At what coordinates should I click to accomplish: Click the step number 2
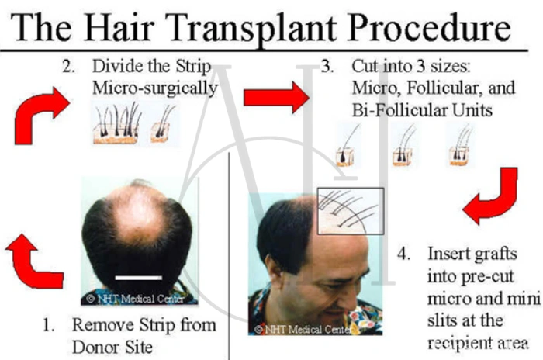pyautogui.click(x=69, y=66)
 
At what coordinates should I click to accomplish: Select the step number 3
pyautogui.click(x=327, y=66)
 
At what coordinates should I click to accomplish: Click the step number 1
pyautogui.click(x=49, y=324)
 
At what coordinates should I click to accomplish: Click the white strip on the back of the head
pyautogui.click(x=138, y=275)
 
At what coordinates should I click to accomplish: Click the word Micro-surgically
pyautogui.click(x=154, y=88)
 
